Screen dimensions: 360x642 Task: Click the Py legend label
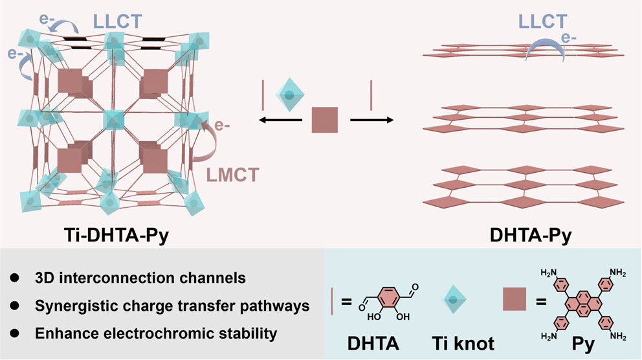click(x=583, y=342)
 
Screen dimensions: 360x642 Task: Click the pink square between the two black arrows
click(x=326, y=120)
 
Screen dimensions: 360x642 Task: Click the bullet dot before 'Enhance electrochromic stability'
click(x=14, y=334)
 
